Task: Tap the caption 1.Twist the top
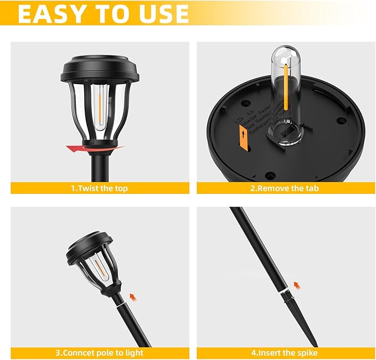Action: point(99,188)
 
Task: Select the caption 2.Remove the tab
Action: point(284,188)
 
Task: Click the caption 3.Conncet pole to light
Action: point(99,352)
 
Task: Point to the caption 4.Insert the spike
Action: point(284,352)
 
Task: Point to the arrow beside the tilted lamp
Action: point(132,297)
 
